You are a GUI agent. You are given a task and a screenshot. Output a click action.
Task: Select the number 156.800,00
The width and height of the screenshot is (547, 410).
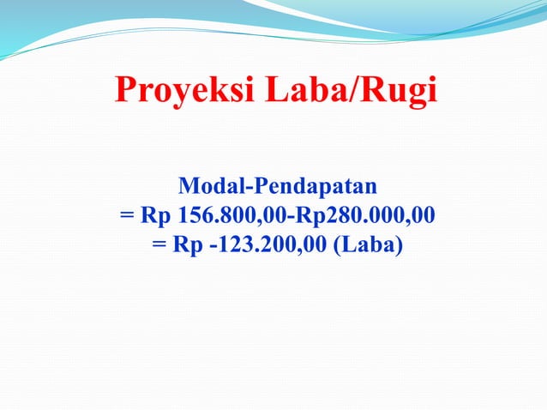pyautogui.click(x=231, y=215)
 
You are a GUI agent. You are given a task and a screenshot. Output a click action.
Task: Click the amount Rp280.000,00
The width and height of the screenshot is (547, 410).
pyautogui.click(x=364, y=215)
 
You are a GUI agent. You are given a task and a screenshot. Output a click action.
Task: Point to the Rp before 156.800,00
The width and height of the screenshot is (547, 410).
pyautogui.click(x=156, y=215)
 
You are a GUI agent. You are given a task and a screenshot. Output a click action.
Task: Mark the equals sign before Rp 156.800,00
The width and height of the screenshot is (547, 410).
pyautogui.click(x=126, y=216)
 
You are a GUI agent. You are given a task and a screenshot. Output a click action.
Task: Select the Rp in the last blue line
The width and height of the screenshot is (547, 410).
pyautogui.click(x=188, y=245)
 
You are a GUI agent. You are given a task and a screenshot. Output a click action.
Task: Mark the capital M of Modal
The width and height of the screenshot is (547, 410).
pyautogui.click(x=186, y=185)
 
